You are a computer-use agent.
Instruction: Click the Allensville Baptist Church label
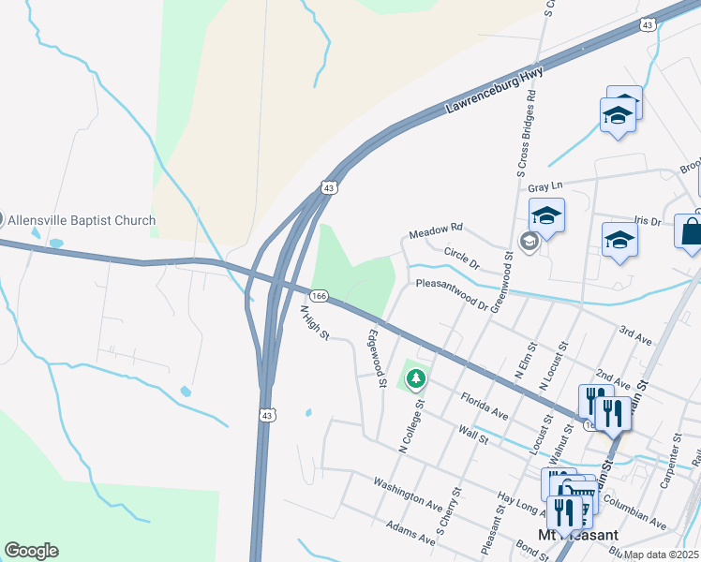pos(82,220)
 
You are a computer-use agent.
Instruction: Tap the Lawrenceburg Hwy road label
pos(494,91)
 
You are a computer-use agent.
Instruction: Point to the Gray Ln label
pos(550,186)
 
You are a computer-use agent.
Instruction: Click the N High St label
pos(314,321)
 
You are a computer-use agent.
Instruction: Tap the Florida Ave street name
pos(484,406)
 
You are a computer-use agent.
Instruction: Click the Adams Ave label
pos(410,534)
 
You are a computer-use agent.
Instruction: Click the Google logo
pos(31,551)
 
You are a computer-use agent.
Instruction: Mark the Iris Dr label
pos(648,221)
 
